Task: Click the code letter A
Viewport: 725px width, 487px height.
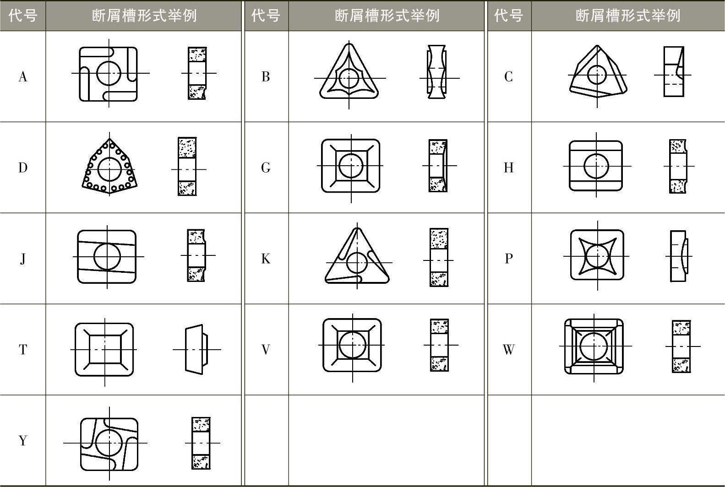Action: click(x=22, y=77)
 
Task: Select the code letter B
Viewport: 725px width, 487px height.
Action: click(x=266, y=77)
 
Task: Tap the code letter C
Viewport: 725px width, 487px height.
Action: click(x=508, y=77)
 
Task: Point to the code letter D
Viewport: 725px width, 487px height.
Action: click(x=22, y=168)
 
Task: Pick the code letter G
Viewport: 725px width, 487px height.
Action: click(x=266, y=168)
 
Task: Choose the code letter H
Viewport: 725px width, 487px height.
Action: click(x=508, y=168)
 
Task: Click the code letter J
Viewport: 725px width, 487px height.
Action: click(x=22, y=259)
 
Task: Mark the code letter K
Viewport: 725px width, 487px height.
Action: click(x=266, y=259)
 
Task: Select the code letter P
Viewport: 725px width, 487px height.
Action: click(x=508, y=259)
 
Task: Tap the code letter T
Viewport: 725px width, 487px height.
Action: click(x=22, y=350)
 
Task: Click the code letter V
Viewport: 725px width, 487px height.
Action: click(x=266, y=350)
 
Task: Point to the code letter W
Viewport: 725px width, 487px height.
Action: click(x=508, y=350)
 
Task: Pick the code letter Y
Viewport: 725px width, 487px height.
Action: click(x=22, y=440)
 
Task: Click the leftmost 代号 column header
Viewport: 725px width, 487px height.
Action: click(x=22, y=16)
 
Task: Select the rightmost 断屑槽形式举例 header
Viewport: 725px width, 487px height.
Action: click(x=628, y=16)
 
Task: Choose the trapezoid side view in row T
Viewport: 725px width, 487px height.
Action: click(x=196, y=350)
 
